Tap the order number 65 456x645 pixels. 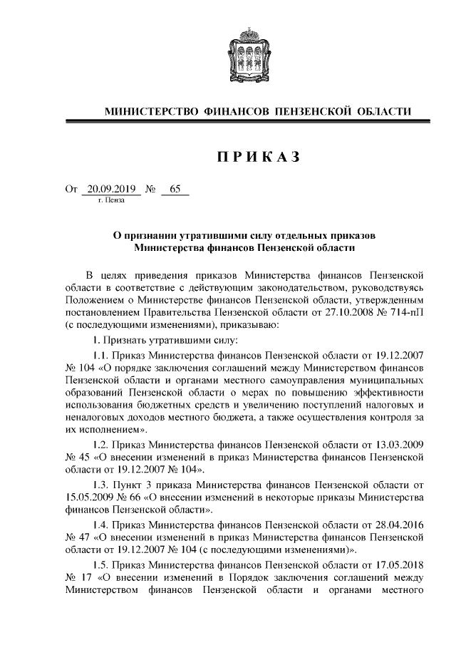(175, 190)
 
